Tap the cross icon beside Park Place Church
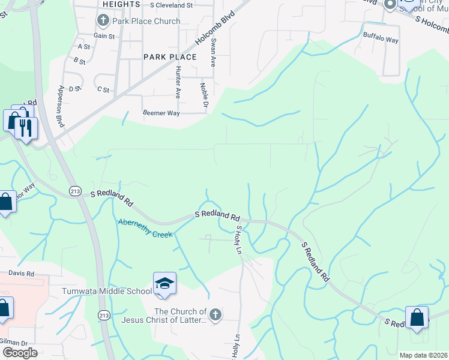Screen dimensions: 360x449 [103, 21]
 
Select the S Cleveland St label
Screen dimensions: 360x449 [171, 5]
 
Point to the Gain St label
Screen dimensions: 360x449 [104, 37]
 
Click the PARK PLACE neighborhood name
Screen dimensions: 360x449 [170, 57]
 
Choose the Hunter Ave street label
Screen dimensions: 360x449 [178, 82]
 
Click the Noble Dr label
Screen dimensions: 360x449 [205, 95]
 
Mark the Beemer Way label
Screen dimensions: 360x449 [161, 113]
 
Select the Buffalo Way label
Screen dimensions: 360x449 [381, 40]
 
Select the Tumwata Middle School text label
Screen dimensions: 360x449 [107, 292]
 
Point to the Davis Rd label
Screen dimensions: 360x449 [22, 274]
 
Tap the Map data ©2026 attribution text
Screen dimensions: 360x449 [423, 355]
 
